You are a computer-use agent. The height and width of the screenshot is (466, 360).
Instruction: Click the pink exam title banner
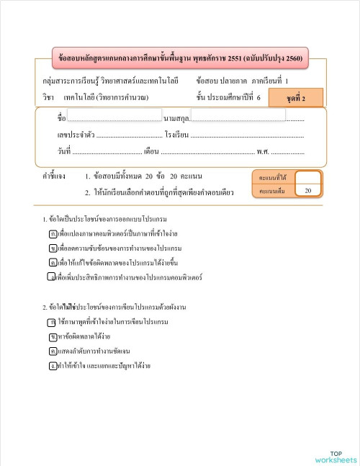pyautogui.click(x=181, y=58)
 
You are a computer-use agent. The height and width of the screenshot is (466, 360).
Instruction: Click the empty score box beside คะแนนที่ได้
pyautogui.click(x=307, y=177)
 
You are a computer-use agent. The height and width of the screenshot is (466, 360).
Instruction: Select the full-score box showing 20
pyautogui.click(x=307, y=191)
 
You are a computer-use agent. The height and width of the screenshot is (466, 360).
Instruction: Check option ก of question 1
pyautogui.click(x=53, y=235)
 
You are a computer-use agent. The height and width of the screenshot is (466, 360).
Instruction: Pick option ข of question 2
pyautogui.click(x=53, y=336)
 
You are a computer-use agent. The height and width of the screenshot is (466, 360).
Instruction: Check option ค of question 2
pyautogui.click(x=53, y=351)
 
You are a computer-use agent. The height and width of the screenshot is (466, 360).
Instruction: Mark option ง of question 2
pyautogui.click(x=53, y=365)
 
